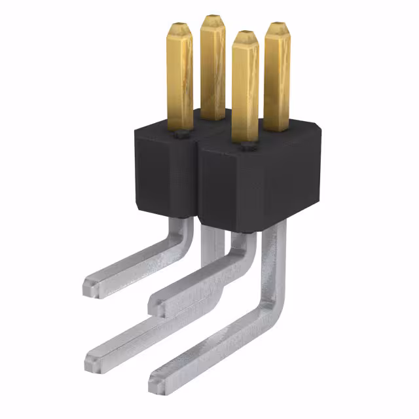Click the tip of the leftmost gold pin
coord(179,29)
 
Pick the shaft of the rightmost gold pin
coord(277,79)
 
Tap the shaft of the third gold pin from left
coord(245,92)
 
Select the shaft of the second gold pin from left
coord(213,72)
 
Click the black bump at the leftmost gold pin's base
coord(179,136)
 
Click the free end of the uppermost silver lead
coord(91,286)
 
